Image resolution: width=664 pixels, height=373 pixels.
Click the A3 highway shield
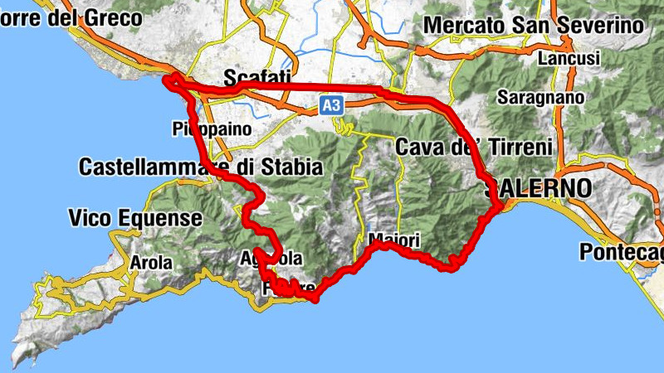[332, 105]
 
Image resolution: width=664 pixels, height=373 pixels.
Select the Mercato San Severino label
[534, 26]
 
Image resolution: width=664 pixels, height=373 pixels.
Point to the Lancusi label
[569, 59]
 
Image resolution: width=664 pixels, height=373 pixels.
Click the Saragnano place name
[540, 97]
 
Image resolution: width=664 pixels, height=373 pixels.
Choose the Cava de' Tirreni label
[474, 148]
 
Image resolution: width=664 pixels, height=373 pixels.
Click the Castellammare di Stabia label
[200, 167]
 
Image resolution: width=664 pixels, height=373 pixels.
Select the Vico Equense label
[135, 219]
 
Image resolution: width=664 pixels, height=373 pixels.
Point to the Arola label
[151, 264]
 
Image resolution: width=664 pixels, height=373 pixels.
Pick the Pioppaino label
[212, 128]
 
